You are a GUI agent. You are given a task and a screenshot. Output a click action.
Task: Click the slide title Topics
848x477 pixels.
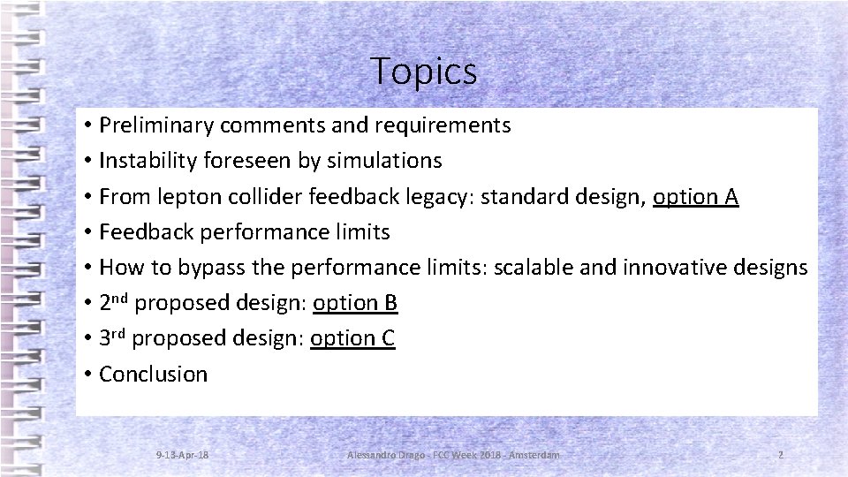pyautogui.click(x=424, y=71)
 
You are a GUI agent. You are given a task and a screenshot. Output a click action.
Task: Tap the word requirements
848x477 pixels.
pyautogui.click(x=444, y=125)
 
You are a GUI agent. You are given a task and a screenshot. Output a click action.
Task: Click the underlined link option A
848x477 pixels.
pyautogui.click(x=695, y=196)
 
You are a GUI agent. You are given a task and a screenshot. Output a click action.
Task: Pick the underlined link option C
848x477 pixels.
pyautogui.click(x=352, y=338)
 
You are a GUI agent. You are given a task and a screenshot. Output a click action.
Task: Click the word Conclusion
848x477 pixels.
pyautogui.click(x=154, y=375)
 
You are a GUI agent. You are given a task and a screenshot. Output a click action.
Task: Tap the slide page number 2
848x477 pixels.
pyautogui.click(x=781, y=454)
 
